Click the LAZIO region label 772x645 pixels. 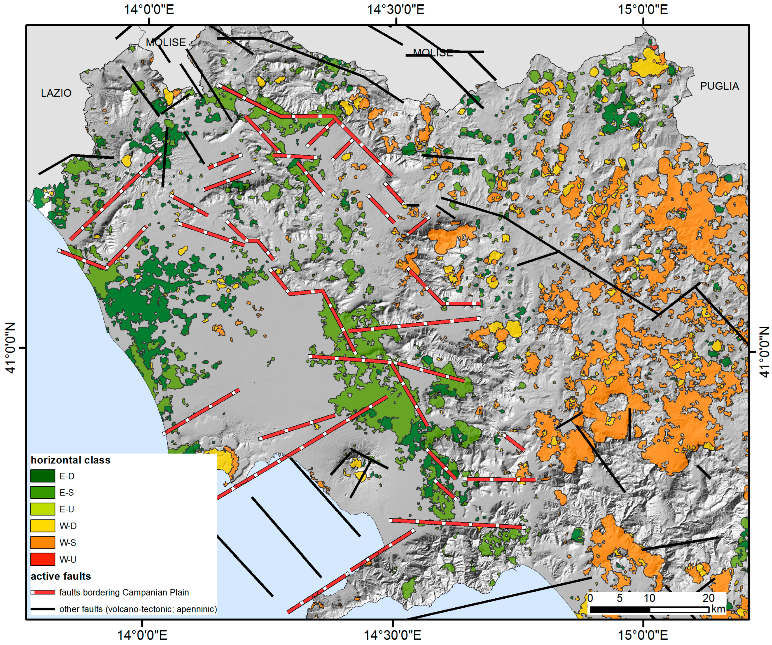(56, 93)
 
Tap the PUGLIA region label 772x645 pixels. (719, 86)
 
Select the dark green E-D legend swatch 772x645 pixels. (43, 476)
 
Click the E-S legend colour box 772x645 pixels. (43, 492)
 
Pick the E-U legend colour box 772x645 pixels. (43, 509)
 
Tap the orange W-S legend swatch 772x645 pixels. (43, 542)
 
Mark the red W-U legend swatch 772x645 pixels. (43, 559)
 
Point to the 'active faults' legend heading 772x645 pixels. (61, 576)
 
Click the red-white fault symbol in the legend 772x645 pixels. (43, 592)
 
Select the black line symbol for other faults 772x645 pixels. (43, 609)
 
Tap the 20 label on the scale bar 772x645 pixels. (708, 598)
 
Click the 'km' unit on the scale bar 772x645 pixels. (718, 609)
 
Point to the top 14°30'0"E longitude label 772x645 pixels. (396, 9)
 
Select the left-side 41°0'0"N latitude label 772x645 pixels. (11, 348)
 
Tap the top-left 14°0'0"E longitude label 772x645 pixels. (148, 9)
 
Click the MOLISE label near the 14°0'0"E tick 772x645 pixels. (166, 42)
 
